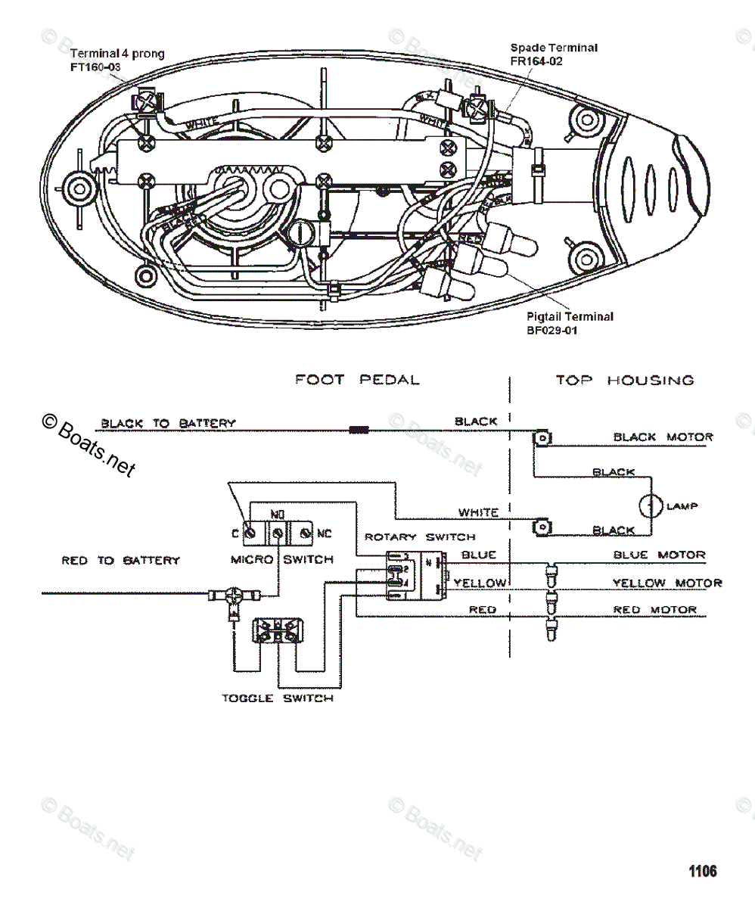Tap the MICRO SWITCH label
click(281, 559)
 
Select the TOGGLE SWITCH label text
click(277, 698)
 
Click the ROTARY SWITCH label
click(420, 536)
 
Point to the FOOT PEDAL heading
click(357, 380)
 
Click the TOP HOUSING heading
click(625, 380)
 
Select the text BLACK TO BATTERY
click(168, 423)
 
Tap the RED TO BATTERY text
click(121, 561)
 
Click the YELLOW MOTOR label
click(666, 583)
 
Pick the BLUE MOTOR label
click(659, 555)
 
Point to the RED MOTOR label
click(654, 610)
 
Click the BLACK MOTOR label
click(663, 437)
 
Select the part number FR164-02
click(536, 61)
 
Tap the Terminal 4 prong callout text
click(117, 54)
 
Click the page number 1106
click(702, 871)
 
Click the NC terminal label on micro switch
click(324, 533)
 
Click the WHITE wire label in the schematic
click(478, 512)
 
